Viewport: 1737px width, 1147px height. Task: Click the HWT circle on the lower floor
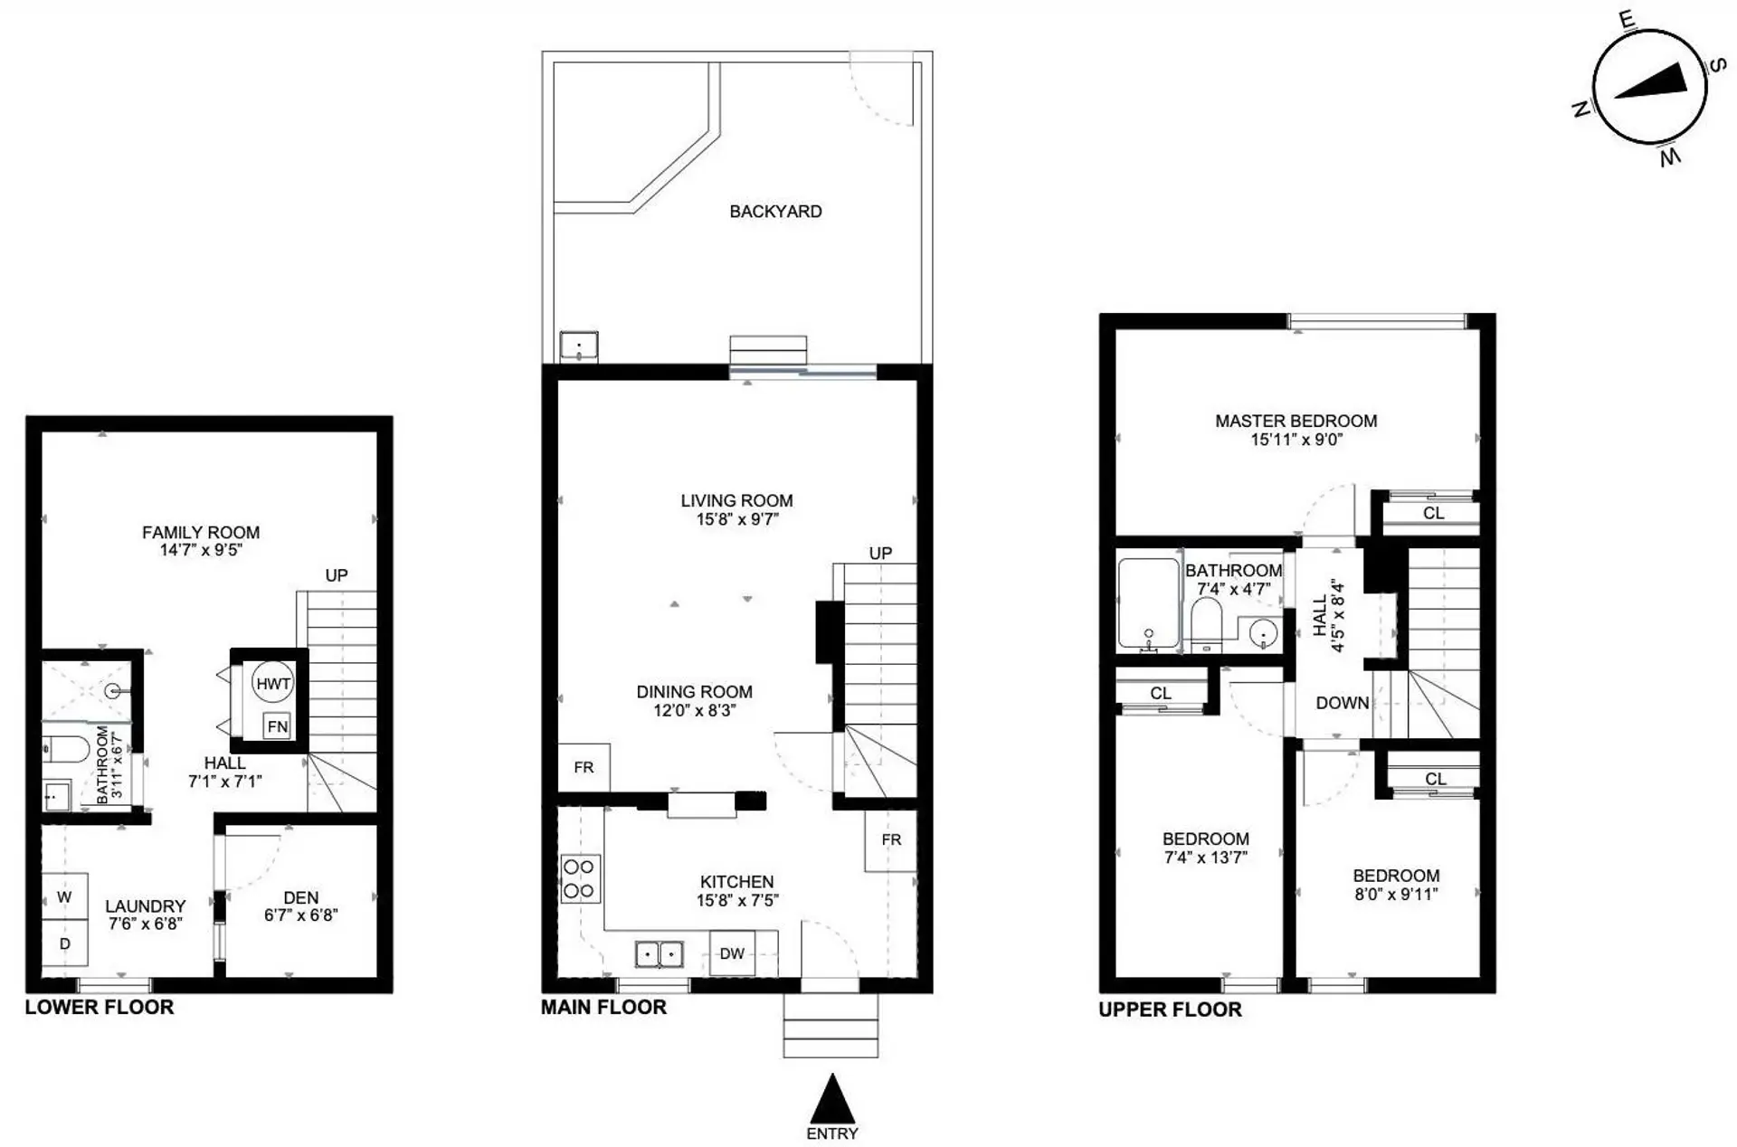(x=273, y=684)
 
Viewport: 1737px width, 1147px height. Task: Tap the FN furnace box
(x=277, y=725)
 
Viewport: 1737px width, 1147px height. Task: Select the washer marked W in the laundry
(x=64, y=896)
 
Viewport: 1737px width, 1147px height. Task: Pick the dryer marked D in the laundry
(x=64, y=943)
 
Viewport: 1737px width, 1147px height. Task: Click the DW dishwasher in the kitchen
(x=732, y=953)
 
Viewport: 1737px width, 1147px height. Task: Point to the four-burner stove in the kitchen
(x=579, y=878)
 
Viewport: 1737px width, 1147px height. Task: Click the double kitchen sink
(x=659, y=954)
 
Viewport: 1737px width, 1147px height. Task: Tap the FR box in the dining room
(x=584, y=767)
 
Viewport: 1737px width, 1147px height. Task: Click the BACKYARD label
(x=775, y=212)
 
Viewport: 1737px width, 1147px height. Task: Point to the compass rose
(x=1648, y=88)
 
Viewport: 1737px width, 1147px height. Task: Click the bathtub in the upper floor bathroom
(x=1149, y=603)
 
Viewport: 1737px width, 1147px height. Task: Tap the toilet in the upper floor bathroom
(x=1206, y=625)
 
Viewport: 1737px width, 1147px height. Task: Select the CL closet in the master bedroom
(x=1433, y=514)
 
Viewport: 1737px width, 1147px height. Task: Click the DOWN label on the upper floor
(x=1342, y=703)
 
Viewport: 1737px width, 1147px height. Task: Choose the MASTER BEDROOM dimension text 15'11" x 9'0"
(x=1296, y=440)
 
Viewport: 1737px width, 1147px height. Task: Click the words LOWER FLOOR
(x=100, y=1008)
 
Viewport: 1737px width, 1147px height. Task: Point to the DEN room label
(x=301, y=897)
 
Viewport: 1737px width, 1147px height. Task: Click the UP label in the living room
(x=880, y=553)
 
